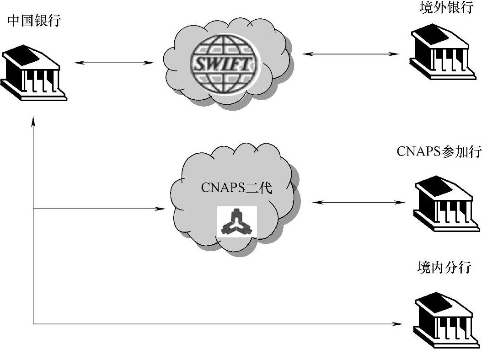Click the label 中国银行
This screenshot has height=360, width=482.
point(34,21)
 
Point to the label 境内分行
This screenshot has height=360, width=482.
point(444,267)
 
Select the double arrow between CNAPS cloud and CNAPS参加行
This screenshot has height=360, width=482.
point(359,202)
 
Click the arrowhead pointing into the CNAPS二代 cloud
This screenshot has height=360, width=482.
point(162,209)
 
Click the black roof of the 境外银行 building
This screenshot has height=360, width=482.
point(432,34)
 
